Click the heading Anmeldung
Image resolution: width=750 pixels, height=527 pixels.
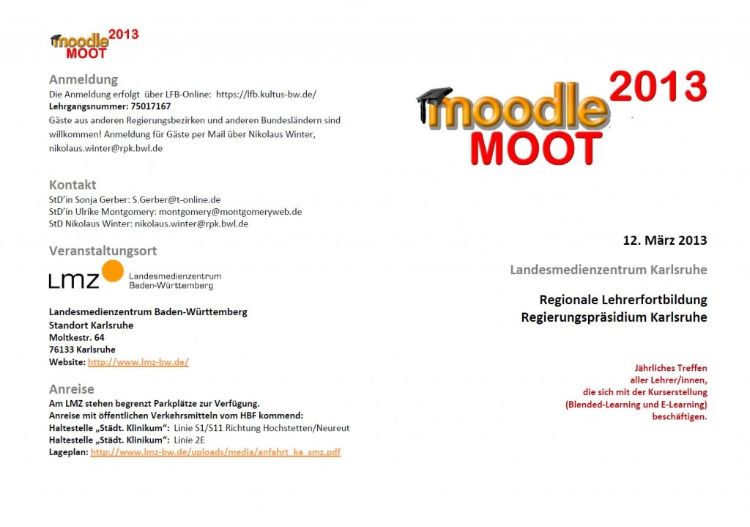(83, 79)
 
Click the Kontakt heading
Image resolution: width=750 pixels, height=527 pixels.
(72, 184)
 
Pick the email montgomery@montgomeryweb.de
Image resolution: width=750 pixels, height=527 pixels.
(230, 211)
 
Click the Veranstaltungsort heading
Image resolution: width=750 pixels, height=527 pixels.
(103, 251)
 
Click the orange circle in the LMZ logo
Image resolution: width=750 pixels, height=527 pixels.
(112, 270)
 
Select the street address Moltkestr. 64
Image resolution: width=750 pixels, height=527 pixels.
(76, 337)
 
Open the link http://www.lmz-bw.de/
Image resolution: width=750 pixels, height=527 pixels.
(138, 362)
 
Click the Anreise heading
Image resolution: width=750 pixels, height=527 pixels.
(71, 388)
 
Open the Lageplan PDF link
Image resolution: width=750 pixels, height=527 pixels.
(215, 452)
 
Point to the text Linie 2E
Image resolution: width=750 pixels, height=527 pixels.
(190, 440)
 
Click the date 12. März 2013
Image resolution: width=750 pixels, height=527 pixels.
(664, 240)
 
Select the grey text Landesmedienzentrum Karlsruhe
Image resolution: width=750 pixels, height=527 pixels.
(608, 269)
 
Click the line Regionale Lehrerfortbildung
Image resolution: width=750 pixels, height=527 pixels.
(623, 300)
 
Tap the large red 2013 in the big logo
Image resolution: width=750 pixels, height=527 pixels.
(657, 86)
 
